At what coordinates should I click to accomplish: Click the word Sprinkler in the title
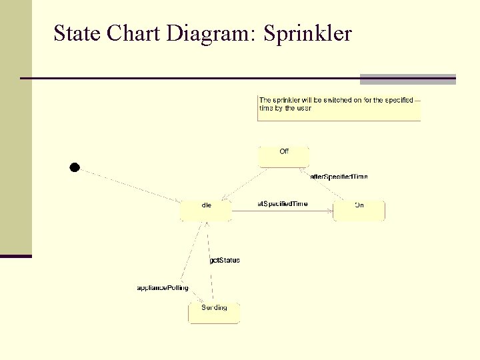point(307,33)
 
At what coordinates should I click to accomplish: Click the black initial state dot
point(75,167)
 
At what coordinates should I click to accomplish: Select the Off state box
point(283,157)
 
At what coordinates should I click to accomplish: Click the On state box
point(359,210)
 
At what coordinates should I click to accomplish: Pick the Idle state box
point(205,210)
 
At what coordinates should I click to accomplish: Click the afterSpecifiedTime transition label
point(339,177)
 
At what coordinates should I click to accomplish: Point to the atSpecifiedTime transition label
point(283,203)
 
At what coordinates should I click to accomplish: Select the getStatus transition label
point(225,260)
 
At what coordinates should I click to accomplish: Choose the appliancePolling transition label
point(163,288)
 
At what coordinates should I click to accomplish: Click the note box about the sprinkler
point(339,107)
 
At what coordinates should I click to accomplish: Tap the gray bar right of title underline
point(407,79)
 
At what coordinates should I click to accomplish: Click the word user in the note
point(303,108)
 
